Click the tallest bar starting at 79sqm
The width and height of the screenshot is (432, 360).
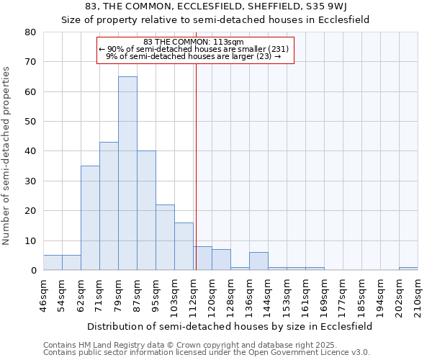point(127,173)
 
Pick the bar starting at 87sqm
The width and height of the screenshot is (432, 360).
point(146,210)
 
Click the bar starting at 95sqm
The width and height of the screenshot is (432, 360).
point(165,237)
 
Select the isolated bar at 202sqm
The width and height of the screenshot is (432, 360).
point(408,269)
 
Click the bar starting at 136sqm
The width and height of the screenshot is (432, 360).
point(258,261)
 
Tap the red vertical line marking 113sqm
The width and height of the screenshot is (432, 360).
point(196,180)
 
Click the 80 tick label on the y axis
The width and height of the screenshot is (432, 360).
point(30,32)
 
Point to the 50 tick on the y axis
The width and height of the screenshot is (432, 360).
point(30,122)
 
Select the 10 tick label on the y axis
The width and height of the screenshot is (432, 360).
point(30,241)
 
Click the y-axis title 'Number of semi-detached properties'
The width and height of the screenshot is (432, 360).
point(6,155)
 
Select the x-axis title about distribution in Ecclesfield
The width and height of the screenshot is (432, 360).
point(230,326)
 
